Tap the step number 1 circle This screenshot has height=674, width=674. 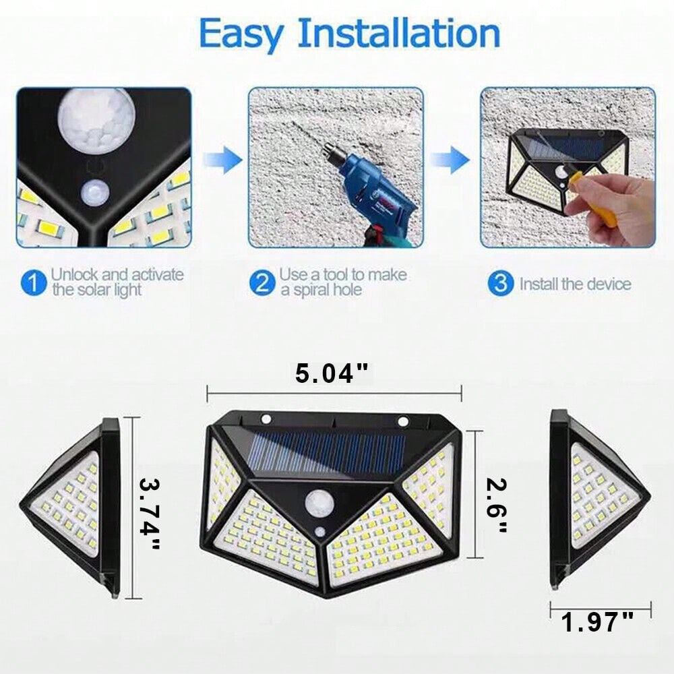33,283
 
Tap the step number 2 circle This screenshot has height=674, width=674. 262,283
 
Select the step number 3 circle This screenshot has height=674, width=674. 500,283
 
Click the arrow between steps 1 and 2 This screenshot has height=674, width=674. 222,160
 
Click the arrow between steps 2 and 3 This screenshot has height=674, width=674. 450,160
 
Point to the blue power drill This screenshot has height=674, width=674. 369,193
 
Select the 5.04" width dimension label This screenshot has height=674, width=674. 332,373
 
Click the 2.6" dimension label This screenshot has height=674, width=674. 497,505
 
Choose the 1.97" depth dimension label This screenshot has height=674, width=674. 597,622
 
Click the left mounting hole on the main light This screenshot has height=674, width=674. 266,419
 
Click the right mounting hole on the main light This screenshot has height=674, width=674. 403,422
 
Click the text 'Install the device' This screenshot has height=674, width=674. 576,284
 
